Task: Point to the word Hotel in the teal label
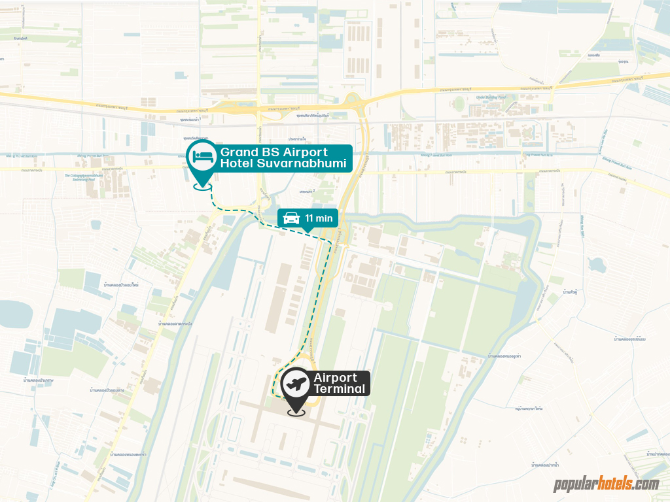click(x=237, y=163)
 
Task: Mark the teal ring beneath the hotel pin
click(x=202, y=186)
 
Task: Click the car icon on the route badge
click(x=292, y=218)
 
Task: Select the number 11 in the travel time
click(x=309, y=218)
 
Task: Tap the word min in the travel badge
click(x=324, y=218)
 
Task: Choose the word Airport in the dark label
click(x=336, y=378)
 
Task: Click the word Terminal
click(x=340, y=390)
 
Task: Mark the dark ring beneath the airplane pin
click(x=296, y=412)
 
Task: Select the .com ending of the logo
click(x=647, y=485)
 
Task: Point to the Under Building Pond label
click(x=491, y=97)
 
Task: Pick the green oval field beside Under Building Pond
click(x=459, y=104)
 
